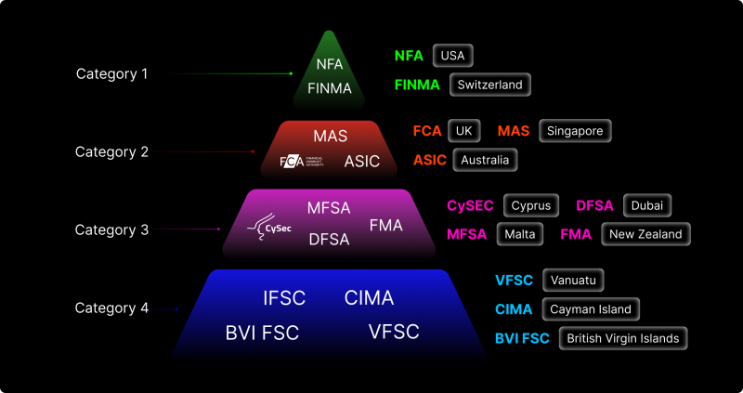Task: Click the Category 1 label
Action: [111, 73]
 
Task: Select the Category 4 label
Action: [111, 308]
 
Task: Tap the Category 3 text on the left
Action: [111, 229]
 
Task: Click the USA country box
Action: [453, 56]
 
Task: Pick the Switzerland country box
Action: [489, 85]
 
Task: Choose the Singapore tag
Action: [575, 131]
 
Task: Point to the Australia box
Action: [485, 160]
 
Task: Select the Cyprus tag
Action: [530, 205]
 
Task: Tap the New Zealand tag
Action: [645, 234]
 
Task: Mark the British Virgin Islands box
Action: [624, 338]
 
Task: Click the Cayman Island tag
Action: [591, 309]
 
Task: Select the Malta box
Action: [520, 234]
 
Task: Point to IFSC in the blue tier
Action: [283, 298]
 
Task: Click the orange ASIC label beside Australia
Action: [430, 160]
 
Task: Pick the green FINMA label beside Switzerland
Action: [417, 85]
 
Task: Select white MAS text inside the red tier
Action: [330, 137]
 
